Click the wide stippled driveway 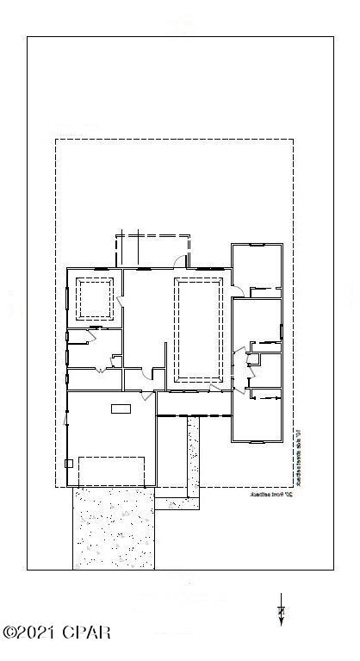point(113,528)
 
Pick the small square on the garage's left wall point(69,463)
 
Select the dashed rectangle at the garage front point(111,471)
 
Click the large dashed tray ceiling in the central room point(199,329)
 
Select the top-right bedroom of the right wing point(257,268)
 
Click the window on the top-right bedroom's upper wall point(256,245)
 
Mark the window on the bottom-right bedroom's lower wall point(256,440)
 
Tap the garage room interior point(111,435)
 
